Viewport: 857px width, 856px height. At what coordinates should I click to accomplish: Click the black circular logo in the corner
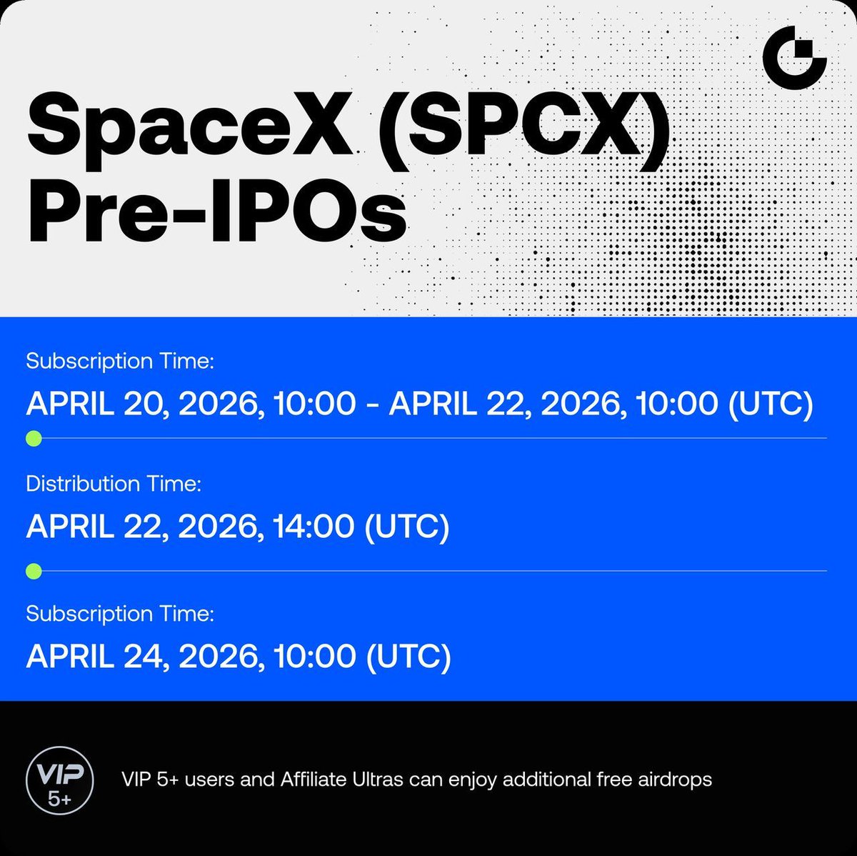click(794, 58)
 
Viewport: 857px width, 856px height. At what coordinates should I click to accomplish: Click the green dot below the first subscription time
click(34, 439)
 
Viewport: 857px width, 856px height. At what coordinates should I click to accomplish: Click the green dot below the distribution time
click(34, 571)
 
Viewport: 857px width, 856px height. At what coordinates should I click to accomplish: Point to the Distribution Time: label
click(114, 484)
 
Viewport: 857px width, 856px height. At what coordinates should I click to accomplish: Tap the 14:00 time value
click(314, 526)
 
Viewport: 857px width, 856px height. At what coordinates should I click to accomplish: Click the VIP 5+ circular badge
click(60, 780)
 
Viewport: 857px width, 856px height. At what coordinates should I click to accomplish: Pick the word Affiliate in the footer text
click(313, 780)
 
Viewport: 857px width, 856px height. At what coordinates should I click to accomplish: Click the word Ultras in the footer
click(378, 780)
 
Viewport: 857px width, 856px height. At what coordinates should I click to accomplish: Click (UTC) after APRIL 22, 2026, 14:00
click(407, 527)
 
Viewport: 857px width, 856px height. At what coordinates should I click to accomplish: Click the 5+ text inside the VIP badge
click(59, 800)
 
